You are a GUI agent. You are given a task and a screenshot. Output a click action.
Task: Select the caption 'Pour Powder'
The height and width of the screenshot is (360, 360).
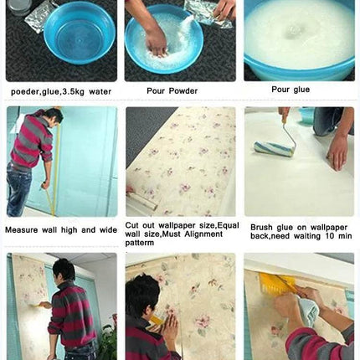click(172, 91)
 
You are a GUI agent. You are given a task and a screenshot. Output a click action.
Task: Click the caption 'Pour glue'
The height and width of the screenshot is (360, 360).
click(291, 90)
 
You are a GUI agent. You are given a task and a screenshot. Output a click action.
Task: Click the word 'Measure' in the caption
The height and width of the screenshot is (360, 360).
click(21, 230)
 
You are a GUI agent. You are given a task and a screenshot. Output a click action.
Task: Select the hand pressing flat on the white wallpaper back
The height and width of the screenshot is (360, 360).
click(338, 152)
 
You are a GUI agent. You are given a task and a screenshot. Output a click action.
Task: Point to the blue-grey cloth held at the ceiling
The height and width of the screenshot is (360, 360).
click(309, 311)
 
